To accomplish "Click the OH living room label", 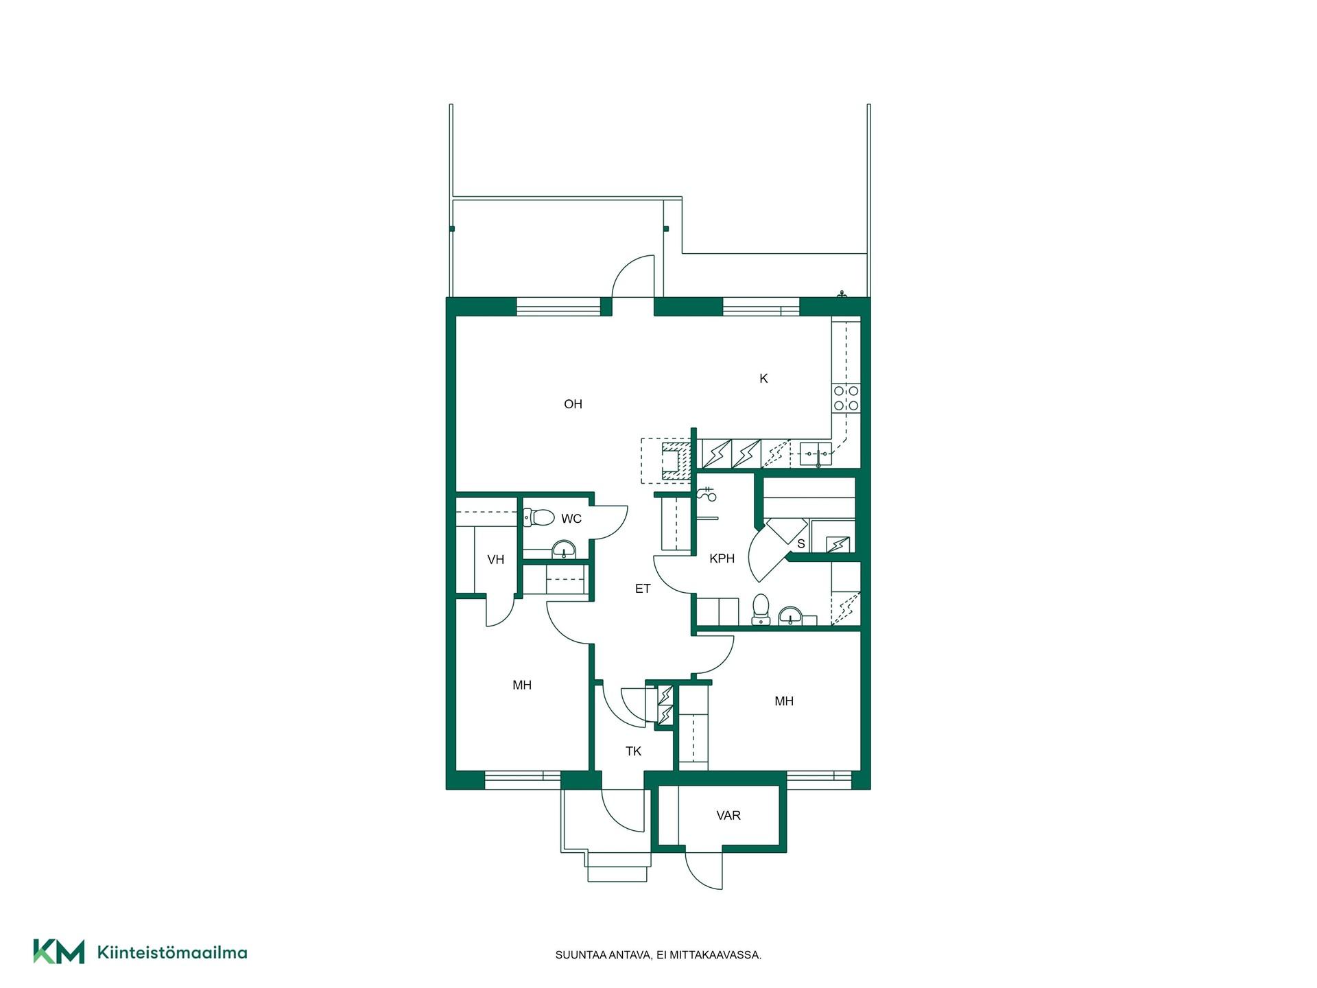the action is [573, 404].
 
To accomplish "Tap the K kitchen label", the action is [763, 379].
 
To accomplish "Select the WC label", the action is [571, 519].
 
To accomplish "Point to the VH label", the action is [495, 560].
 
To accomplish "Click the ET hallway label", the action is [643, 589].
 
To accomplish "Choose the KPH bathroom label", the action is [722, 558].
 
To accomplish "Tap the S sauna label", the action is [800, 544].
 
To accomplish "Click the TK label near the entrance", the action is [633, 751].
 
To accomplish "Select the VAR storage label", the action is [728, 815].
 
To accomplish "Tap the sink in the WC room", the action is [565, 550].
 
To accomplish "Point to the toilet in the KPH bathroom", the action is [761, 609].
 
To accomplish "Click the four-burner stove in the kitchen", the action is [846, 398].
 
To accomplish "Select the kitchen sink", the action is [816, 454].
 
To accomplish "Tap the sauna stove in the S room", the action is [838, 545].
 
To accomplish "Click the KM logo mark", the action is [59, 952].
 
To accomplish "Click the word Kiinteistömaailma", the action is [172, 952].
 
